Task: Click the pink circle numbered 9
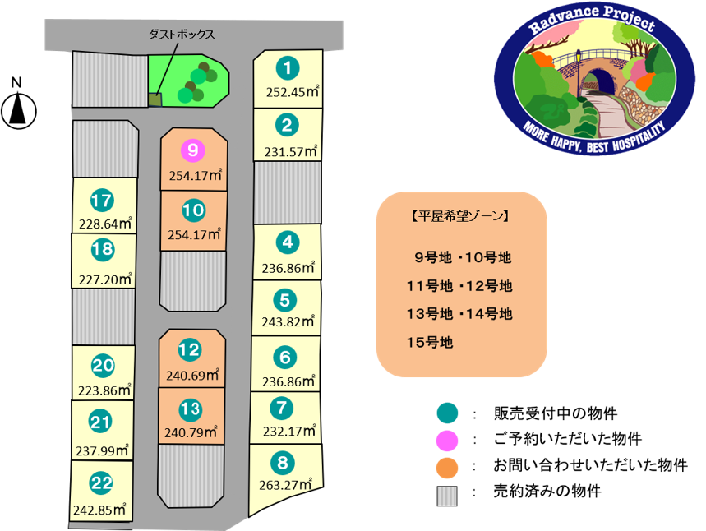point(192,150)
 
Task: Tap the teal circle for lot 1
point(288,68)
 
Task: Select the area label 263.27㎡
point(285,485)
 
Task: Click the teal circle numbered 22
point(101,483)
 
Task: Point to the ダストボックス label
point(182,35)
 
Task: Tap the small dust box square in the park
point(155,99)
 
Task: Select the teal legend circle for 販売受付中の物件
point(448,413)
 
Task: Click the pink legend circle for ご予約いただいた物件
point(448,441)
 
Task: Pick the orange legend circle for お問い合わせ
point(448,468)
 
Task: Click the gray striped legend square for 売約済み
point(447,496)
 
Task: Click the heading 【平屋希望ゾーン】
point(460,216)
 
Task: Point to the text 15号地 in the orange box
point(430,342)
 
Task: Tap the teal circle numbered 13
point(191,409)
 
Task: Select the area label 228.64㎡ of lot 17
point(105,224)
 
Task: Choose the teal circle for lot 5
point(285,300)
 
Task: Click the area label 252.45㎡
point(293,91)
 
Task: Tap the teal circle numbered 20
point(103,365)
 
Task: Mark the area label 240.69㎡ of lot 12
point(192,375)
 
